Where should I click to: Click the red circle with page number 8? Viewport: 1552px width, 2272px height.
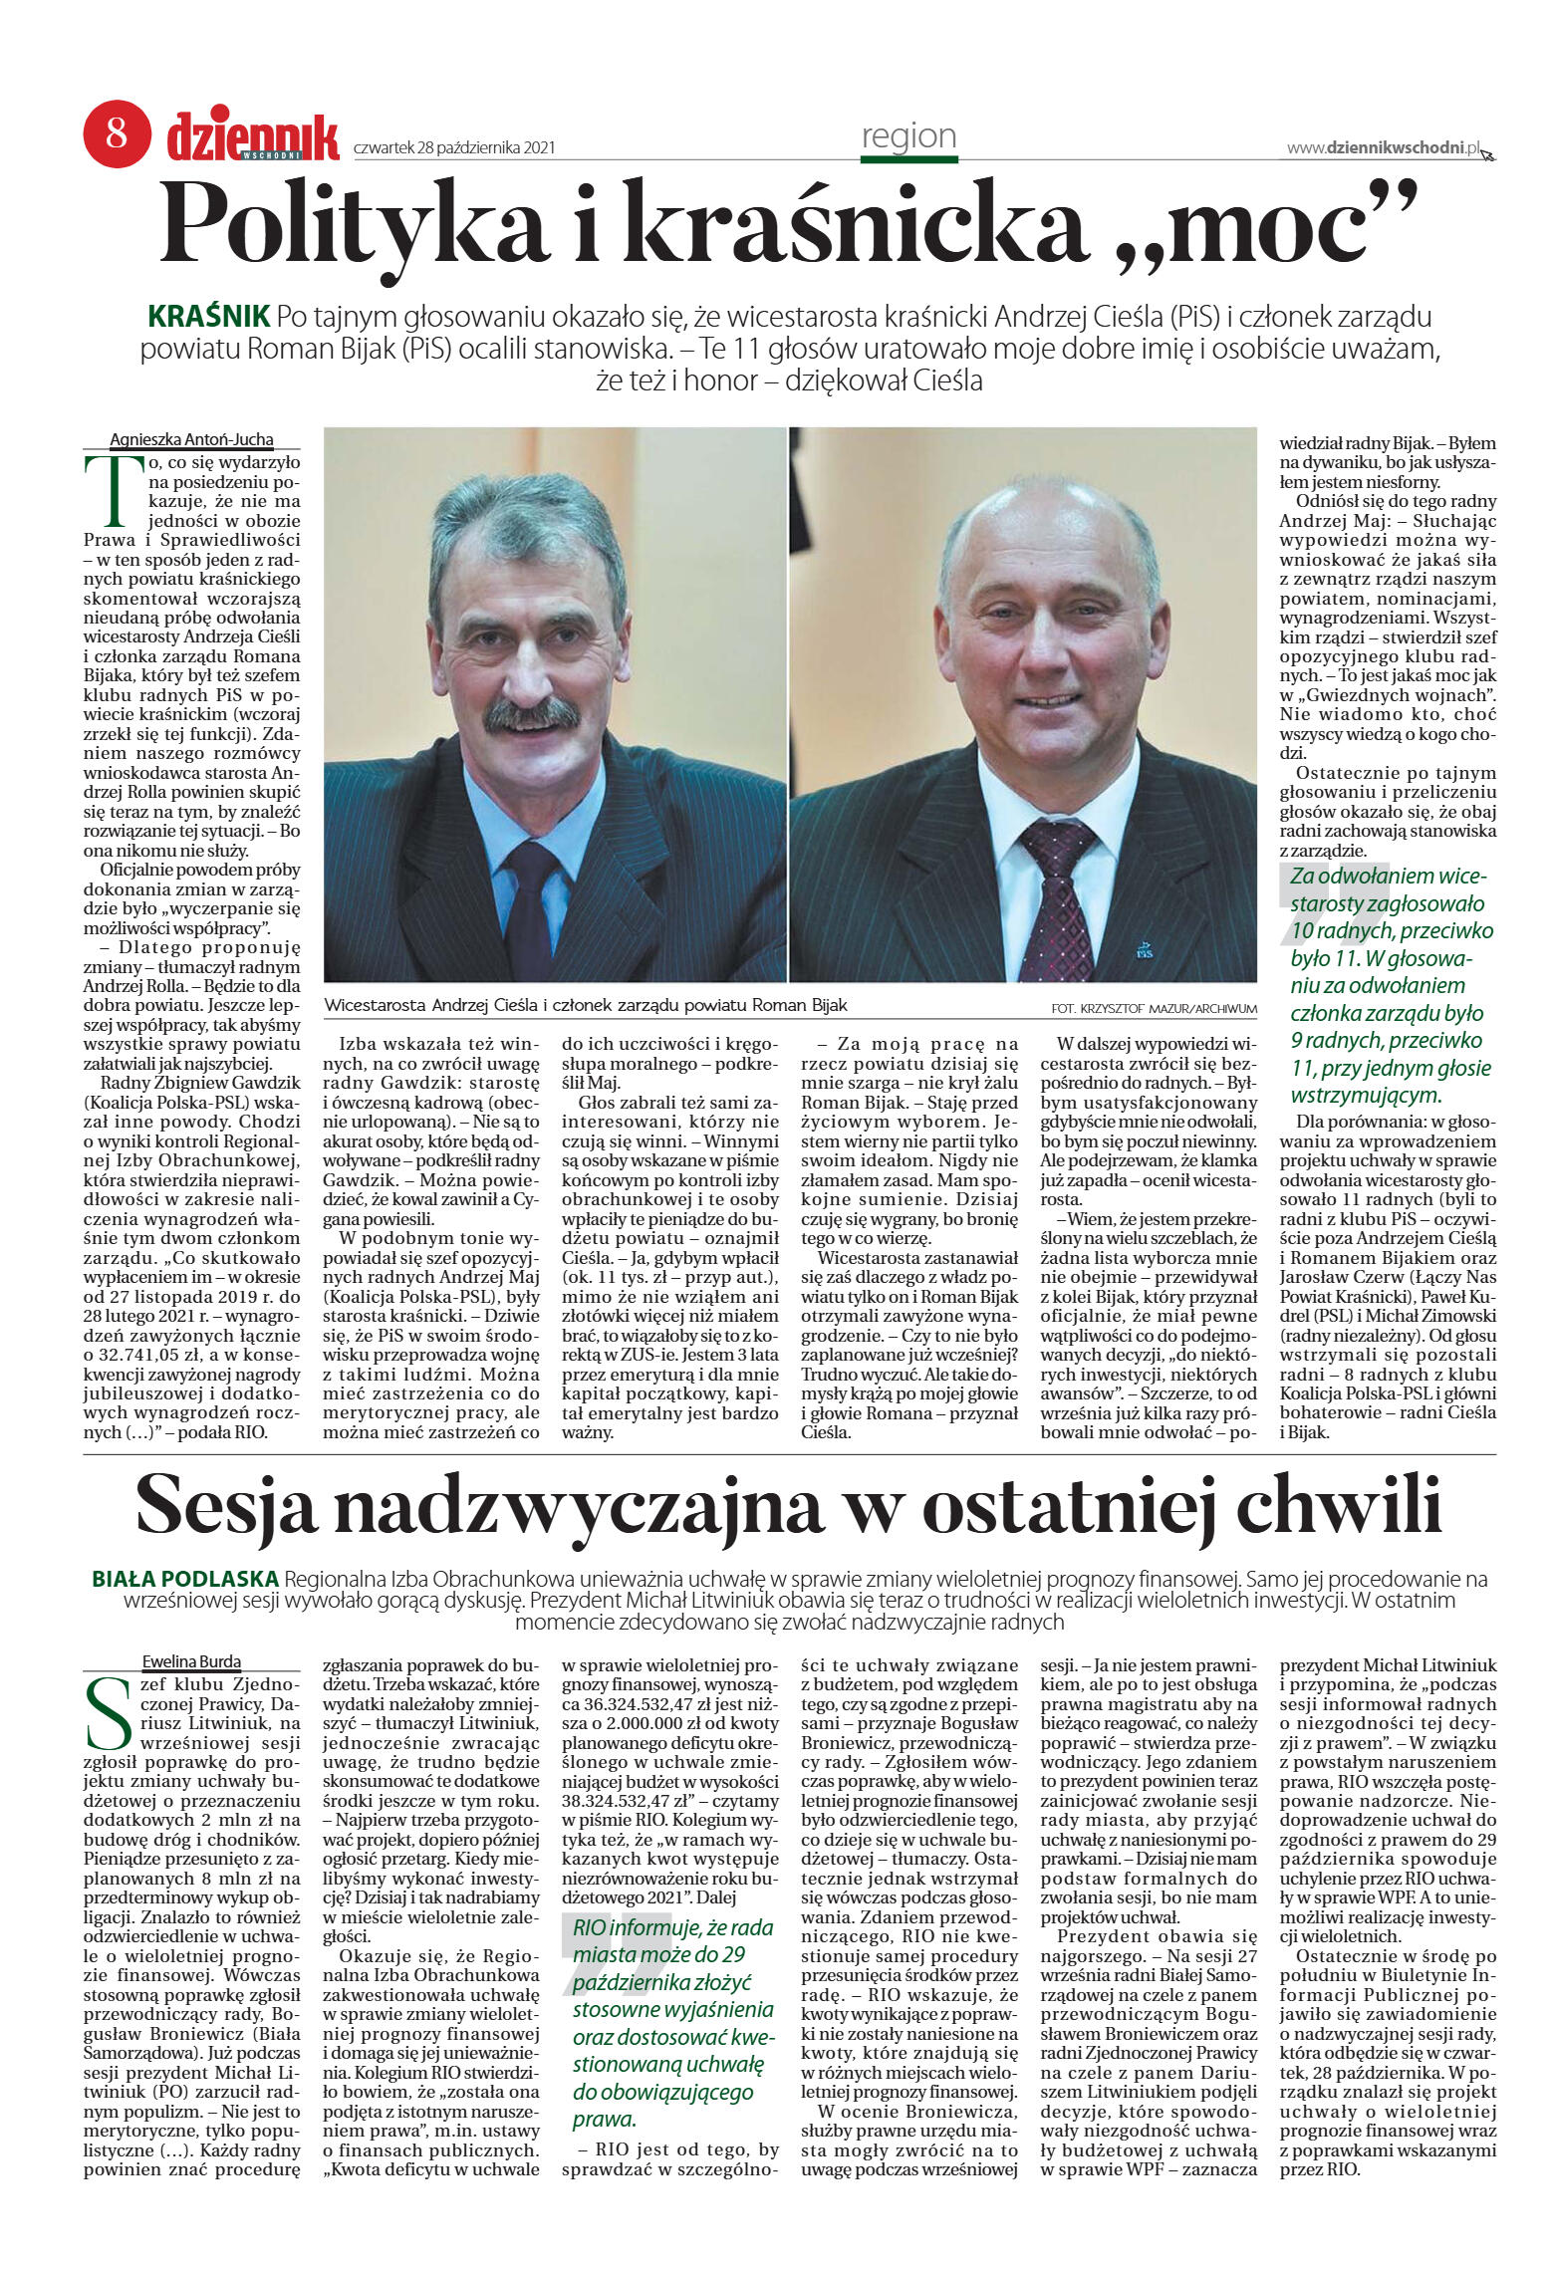point(117,132)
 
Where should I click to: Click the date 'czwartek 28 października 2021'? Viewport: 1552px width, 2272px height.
point(454,148)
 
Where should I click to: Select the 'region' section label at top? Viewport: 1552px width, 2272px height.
point(908,135)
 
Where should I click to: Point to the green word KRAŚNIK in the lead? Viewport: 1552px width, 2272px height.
point(209,317)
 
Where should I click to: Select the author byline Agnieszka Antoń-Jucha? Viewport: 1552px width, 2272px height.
point(191,439)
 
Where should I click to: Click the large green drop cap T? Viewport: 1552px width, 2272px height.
point(108,491)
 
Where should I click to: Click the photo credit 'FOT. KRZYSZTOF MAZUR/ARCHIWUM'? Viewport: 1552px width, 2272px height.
point(1154,1009)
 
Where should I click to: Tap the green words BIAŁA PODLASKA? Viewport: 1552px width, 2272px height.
point(185,1579)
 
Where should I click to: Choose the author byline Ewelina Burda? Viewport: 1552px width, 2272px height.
point(191,1661)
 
